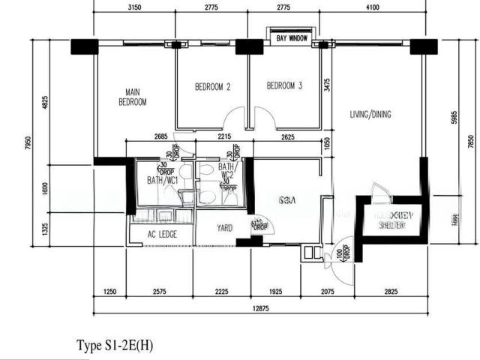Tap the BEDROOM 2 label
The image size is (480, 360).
pos(212,86)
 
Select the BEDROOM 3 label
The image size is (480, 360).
pos(284,86)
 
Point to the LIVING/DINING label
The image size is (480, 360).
pos(370,115)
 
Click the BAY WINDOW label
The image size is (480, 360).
pos(292,37)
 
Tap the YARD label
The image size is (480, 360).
pos(224,228)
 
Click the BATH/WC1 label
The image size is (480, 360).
pos(162,180)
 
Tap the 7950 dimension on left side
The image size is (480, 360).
pos(28,143)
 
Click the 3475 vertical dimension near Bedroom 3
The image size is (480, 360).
pos(326,87)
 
